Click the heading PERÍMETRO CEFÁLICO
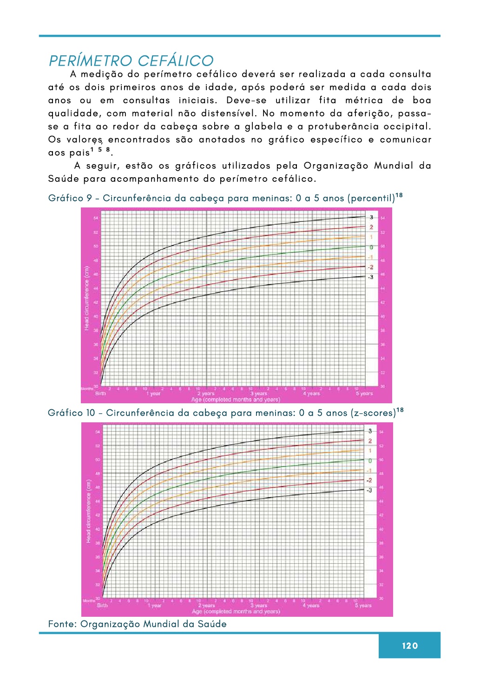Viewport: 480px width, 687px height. coord(131,61)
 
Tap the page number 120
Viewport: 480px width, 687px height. coord(410,646)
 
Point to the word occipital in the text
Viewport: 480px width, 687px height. coord(408,127)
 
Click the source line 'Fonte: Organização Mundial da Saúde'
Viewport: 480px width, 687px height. coord(138,624)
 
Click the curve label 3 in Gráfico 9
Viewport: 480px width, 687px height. coord(371,218)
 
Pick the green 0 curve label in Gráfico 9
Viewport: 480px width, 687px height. coord(371,247)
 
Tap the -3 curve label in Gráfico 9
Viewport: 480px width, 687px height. coord(370,277)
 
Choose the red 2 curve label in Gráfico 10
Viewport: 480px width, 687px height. coord(370,441)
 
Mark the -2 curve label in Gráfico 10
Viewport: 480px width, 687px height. coord(369,480)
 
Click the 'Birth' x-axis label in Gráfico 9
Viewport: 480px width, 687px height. coord(100,394)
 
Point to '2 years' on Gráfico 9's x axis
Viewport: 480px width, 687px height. coord(206,394)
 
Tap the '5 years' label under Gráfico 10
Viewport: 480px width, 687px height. coord(363,606)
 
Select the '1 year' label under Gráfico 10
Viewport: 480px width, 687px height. coord(154,606)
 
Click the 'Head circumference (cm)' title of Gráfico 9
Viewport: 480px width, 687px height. coord(86,298)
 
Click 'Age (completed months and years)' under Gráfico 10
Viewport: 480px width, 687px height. coord(236,612)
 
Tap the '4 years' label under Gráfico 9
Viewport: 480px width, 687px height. coord(311,394)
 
